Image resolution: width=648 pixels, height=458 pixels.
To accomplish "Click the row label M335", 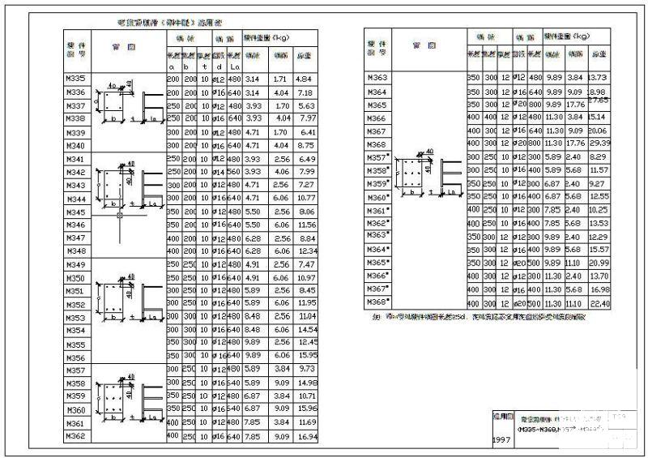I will tap(74, 79).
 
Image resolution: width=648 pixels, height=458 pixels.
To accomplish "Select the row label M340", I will tap(74, 145).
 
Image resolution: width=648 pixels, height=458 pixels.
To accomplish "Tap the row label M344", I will tap(74, 199).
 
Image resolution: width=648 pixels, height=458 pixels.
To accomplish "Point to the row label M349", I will tap(74, 265).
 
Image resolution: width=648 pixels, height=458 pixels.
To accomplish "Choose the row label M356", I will tap(74, 357).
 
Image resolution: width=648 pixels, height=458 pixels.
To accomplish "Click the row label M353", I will tap(74, 318).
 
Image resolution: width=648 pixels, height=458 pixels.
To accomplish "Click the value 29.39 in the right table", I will tap(598, 143).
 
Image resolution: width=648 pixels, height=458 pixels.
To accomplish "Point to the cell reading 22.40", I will tap(598, 302).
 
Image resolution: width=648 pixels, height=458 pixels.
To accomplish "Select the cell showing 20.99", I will tap(598, 263).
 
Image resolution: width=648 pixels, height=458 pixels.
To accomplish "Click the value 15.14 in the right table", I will tap(598, 117).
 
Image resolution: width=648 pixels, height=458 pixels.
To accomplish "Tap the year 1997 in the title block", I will tap(501, 440).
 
